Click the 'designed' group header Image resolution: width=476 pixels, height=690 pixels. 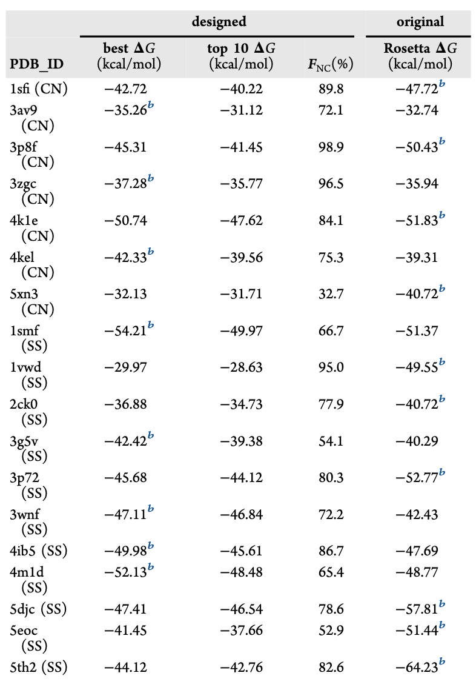tap(219, 22)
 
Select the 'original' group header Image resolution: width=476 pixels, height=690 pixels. tap(420, 22)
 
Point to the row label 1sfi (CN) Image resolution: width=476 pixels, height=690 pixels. tap(39, 89)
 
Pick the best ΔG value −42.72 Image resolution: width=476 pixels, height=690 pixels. tap(125, 89)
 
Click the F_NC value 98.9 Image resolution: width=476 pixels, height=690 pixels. tap(331, 147)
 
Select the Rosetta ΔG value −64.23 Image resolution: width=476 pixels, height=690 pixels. tap(417, 668)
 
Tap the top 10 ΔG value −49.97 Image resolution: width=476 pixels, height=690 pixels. tap(241, 331)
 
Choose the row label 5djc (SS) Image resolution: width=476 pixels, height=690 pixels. tap(38, 608)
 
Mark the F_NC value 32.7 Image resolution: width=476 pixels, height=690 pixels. tap(331, 295)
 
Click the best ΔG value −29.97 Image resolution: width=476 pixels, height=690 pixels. tap(125, 367)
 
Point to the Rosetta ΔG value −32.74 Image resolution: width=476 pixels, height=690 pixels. tap(417, 110)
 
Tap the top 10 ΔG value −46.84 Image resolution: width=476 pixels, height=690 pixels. tap(241, 514)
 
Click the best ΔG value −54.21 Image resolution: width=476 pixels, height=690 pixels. tap(125, 331)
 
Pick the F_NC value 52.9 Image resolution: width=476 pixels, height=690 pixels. tap(331, 631)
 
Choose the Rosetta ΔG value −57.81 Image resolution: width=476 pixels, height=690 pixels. tap(417, 608)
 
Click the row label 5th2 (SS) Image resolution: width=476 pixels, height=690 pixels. tap(38, 668)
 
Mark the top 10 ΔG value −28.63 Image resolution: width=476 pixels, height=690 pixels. tap(241, 367)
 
